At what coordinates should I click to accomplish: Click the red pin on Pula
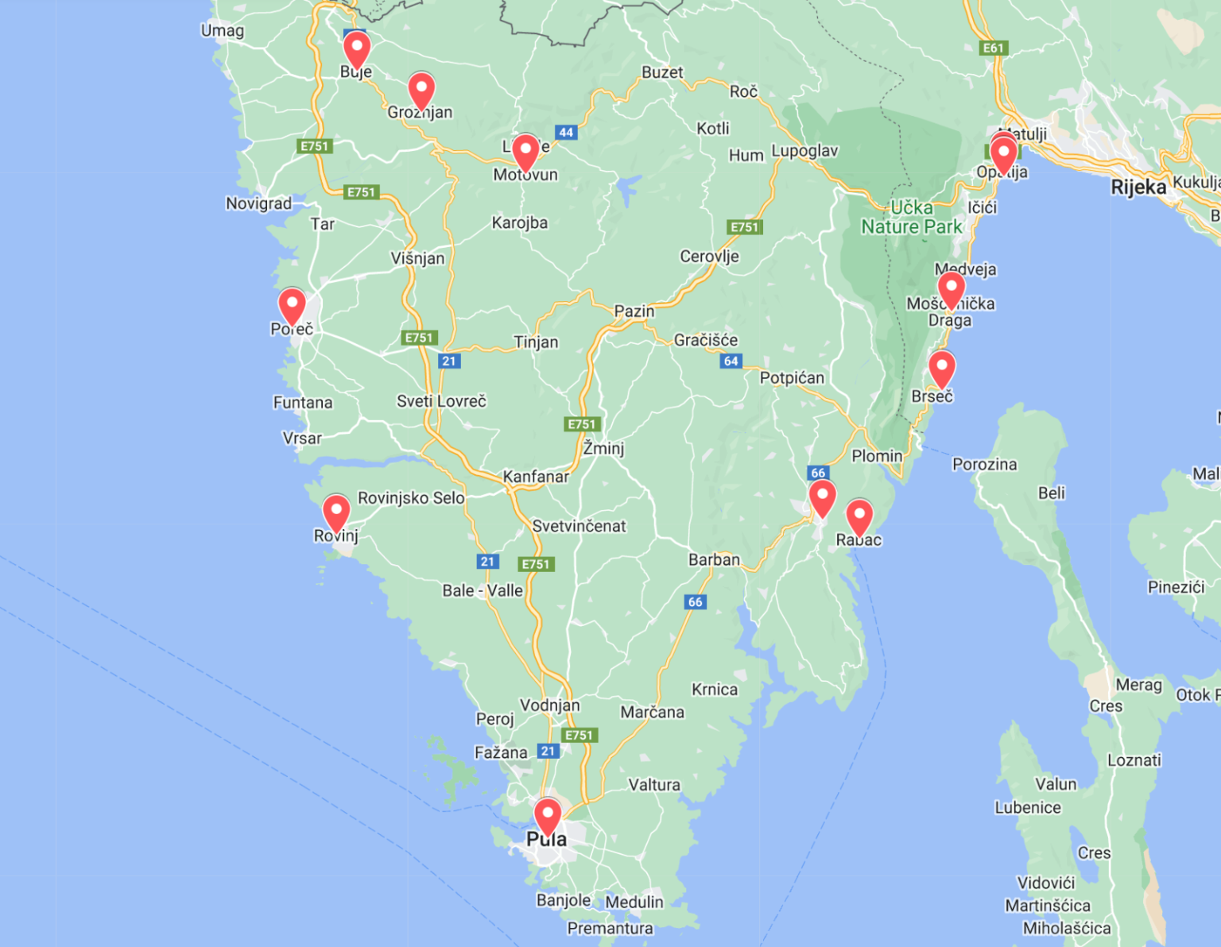point(547,816)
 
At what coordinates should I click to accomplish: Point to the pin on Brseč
point(942,368)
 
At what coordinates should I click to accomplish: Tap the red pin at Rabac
point(859,516)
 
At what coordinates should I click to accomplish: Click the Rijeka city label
point(1138,187)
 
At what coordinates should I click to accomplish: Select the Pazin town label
point(634,311)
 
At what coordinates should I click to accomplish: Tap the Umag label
point(222,31)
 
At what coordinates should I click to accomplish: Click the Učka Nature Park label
point(912,218)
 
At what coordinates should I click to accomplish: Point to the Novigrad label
point(258,204)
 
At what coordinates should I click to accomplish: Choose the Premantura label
point(610,928)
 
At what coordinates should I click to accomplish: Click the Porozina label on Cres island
point(984,464)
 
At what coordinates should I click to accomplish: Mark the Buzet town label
point(662,72)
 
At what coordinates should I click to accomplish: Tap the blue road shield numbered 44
point(566,133)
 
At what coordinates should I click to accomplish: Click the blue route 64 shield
point(731,361)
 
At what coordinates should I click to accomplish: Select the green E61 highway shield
point(994,48)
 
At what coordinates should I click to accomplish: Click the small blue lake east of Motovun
point(627,190)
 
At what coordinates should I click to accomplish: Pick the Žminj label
point(604,448)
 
